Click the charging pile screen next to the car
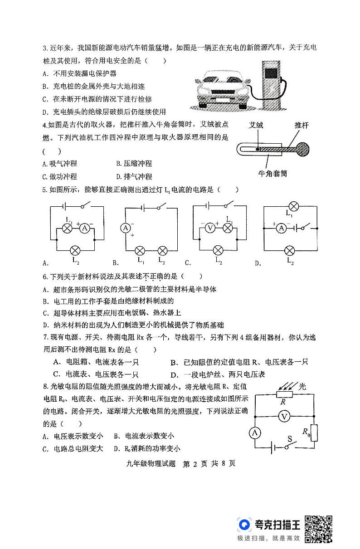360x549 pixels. (271, 73)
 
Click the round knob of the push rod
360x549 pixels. (302, 148)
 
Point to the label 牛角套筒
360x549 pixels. (272, 173)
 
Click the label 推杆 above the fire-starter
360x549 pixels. (302, 126)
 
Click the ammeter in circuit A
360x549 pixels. (83, 228)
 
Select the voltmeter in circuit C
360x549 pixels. (210, 228)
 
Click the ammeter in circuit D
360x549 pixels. (281, 228)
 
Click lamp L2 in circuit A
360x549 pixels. (75, 250)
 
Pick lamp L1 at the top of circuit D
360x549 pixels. (293, 207)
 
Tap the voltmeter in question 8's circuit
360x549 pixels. (283, 417)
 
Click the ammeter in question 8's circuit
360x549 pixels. (255, 433)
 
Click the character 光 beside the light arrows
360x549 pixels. (302, 386)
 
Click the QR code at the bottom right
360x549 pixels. (319, 528)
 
